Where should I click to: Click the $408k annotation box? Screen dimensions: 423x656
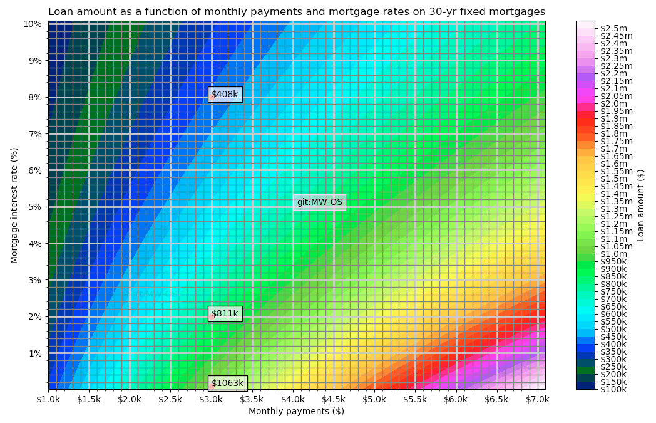[225, 95]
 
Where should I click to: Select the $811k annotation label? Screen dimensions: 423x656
[225, 314]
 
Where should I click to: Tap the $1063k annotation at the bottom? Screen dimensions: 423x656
[227, 384]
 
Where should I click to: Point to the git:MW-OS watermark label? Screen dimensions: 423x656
[320, 202]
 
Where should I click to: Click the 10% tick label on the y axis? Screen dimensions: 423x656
[33, 24]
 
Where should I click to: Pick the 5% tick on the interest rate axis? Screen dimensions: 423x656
[35, 207]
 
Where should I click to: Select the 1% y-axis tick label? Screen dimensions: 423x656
[35, 353]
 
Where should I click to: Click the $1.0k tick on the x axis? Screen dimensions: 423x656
[49, 399]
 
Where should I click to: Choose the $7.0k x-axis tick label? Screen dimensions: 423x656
[537, 399]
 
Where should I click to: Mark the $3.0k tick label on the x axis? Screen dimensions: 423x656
[212, 399]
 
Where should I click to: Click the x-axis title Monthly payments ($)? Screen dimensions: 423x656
[296, 412]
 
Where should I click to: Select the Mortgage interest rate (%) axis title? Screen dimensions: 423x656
[14, 206]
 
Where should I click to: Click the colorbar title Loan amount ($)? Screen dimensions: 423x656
[641, 206]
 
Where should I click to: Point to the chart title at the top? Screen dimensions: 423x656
[296, 12]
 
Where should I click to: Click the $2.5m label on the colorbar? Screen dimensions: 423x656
[614, 28]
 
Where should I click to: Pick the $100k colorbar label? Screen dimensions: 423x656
[613, 390]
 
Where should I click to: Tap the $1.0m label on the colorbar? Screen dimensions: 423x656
[614, 254]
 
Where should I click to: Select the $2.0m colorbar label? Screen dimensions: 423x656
[614, 103]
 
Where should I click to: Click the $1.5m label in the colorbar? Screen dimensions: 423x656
[614, 179]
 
